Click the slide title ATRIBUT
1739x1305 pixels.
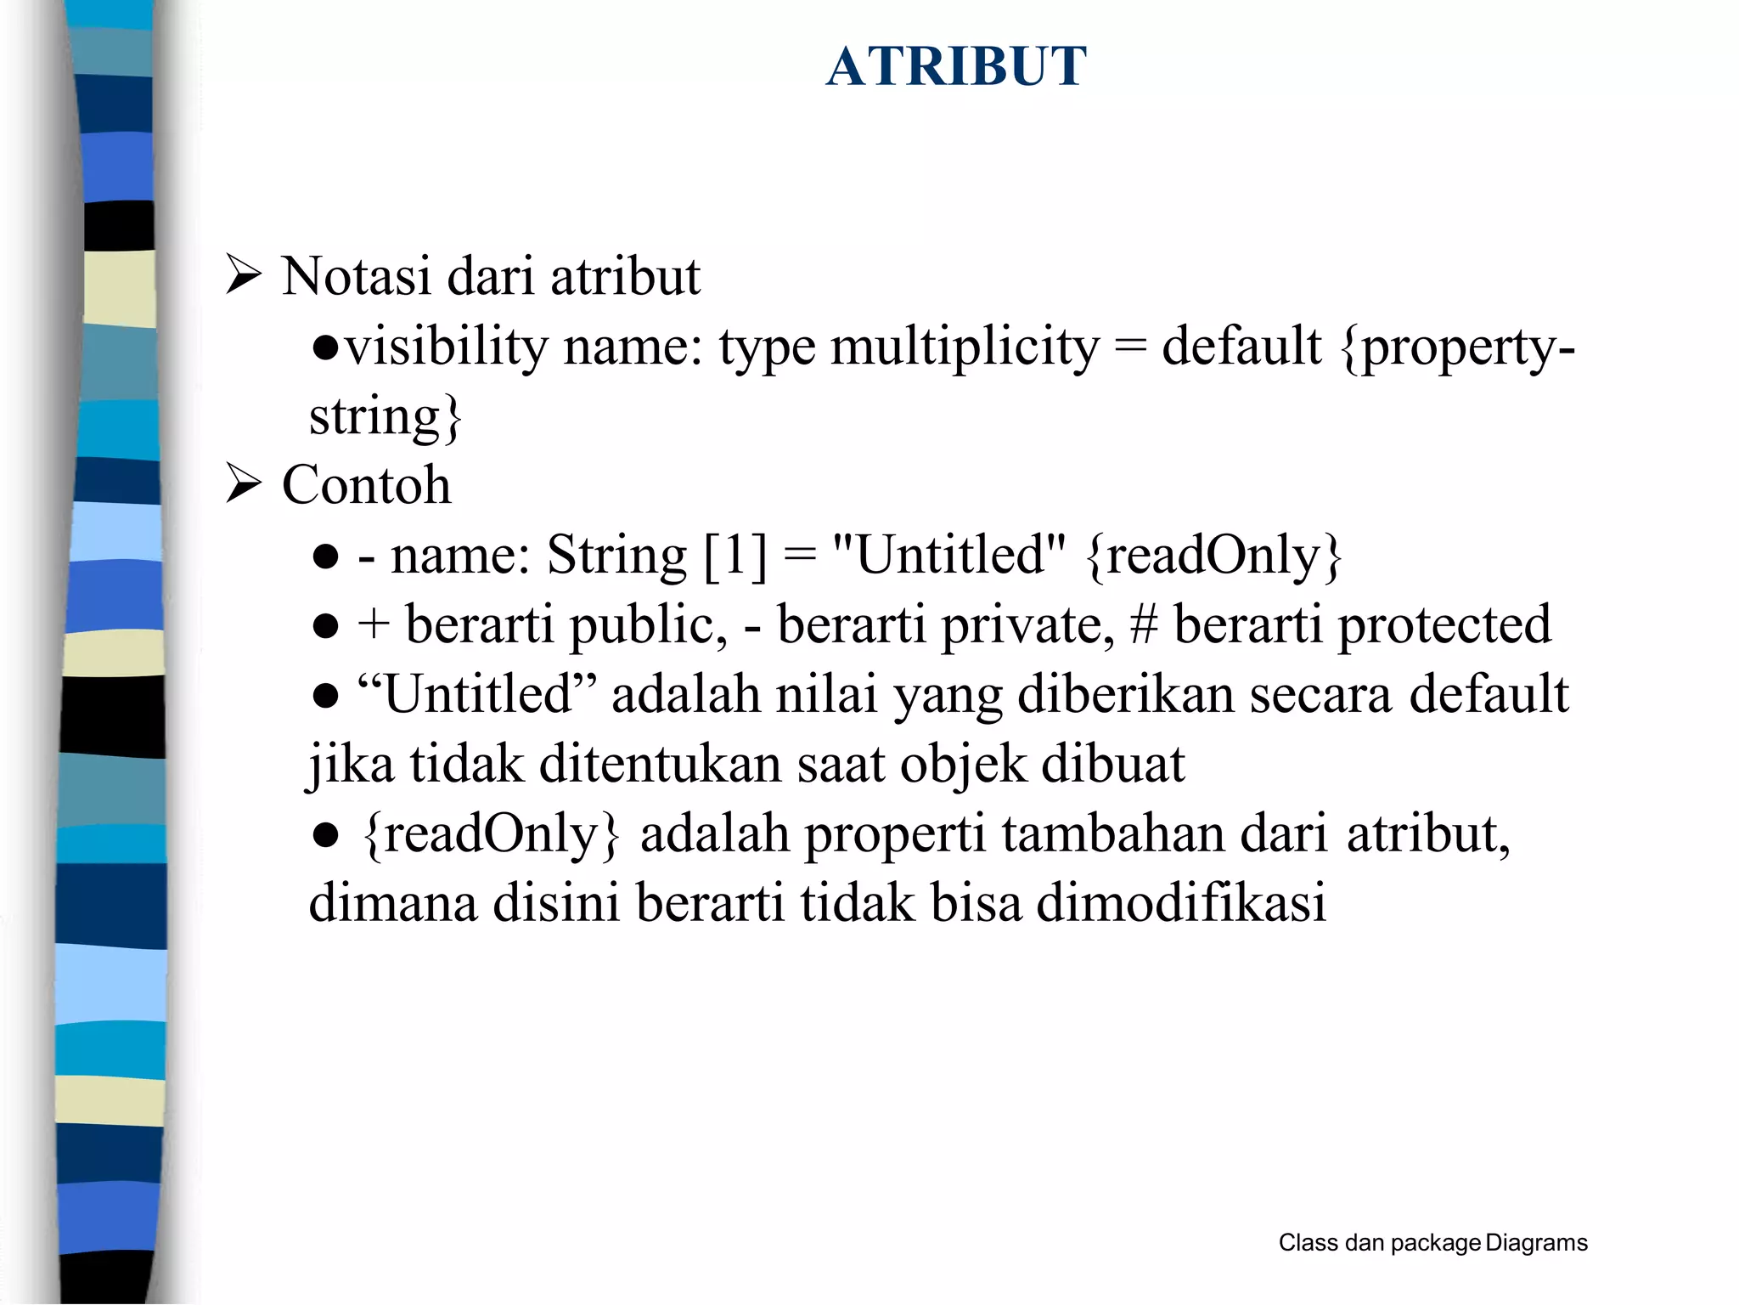(956, 66)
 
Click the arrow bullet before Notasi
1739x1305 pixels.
(243, 276)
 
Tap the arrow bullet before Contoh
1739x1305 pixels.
(243, 484)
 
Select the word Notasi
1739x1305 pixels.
(357, 276)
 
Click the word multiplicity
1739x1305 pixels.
(965, 347)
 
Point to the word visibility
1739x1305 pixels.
(447, 347)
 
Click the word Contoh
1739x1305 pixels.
(366, 484)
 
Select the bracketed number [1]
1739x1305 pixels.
(735, 556)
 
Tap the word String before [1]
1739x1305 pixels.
(616, 556)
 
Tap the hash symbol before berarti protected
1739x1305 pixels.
(1144, 625)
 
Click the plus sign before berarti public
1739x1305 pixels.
(373, 624)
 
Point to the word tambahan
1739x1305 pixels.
(1112, 833)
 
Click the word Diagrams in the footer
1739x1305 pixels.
(1536, 1243)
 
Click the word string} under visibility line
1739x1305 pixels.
(385, 417)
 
